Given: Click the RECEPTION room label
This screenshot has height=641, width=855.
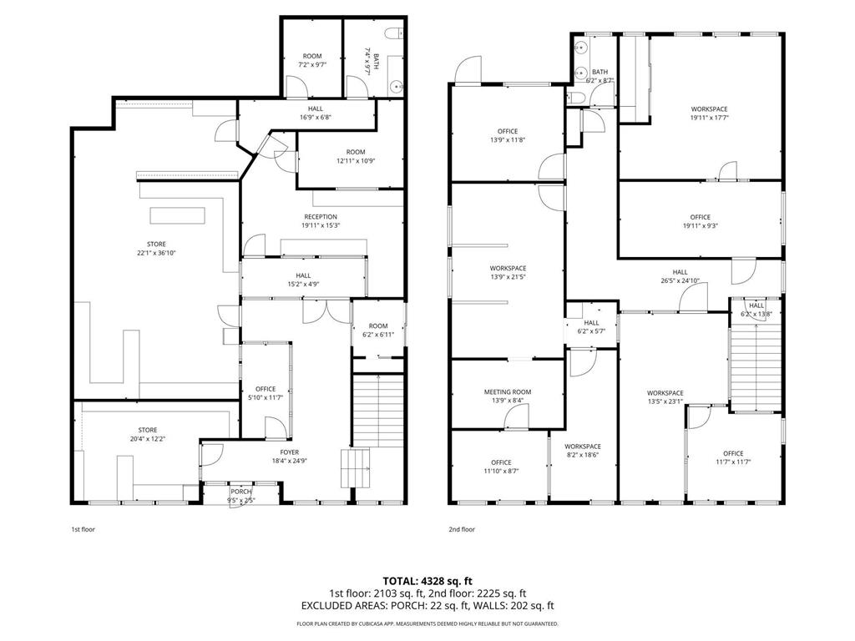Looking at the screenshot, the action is tap(321, 217).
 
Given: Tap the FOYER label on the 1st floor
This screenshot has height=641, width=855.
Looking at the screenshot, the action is tap(290, 452).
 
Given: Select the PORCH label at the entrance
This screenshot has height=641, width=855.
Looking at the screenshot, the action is tap(241, 492).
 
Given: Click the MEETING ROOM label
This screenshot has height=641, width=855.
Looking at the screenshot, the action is tap(508, 392).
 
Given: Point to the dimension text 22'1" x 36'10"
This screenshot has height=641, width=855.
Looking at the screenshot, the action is tap(156, 253).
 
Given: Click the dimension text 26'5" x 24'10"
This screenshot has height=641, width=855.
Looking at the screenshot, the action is tap(680, 281).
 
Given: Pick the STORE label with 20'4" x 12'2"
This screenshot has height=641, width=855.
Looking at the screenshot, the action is tap(148, 430).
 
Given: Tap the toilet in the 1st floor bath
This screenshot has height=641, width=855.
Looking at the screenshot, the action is tap(394, 34).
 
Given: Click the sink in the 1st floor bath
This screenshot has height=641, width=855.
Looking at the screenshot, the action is tap(397, 87).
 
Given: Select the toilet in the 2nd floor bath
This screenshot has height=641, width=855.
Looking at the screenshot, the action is tap(576, 98).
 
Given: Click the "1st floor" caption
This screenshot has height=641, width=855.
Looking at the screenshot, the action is tap(83, 529).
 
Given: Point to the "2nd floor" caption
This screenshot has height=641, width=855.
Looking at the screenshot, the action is tap(462, 529).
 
